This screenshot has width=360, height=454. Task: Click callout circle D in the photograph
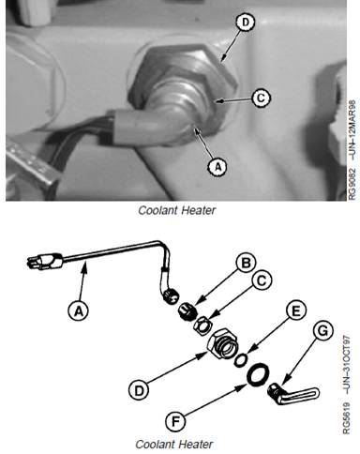[246, 23]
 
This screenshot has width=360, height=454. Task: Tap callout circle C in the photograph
[261, 98]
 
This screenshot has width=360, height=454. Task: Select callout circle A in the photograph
[217, 166]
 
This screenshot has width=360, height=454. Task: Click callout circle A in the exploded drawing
[79, 310]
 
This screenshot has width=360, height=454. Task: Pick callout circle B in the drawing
[246, 263]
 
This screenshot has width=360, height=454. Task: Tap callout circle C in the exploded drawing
[262, 280]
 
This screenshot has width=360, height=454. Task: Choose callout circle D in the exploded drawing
[139, 390]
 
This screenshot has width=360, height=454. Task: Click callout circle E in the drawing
[295, 310]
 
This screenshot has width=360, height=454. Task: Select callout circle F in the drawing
[175, 422]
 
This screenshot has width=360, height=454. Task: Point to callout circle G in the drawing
[322, 330]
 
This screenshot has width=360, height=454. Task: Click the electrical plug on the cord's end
[45, 262]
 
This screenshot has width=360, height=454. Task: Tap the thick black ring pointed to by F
[258, 373]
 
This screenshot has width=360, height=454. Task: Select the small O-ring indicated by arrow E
[241, 360]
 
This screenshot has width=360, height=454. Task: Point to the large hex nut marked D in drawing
[222, 344]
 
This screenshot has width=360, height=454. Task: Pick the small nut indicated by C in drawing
[203, 325]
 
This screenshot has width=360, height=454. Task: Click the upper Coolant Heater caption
[176, 210]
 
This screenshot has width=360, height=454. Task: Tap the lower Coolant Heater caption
[174, 444]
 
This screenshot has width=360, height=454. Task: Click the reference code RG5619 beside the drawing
[347, 418]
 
